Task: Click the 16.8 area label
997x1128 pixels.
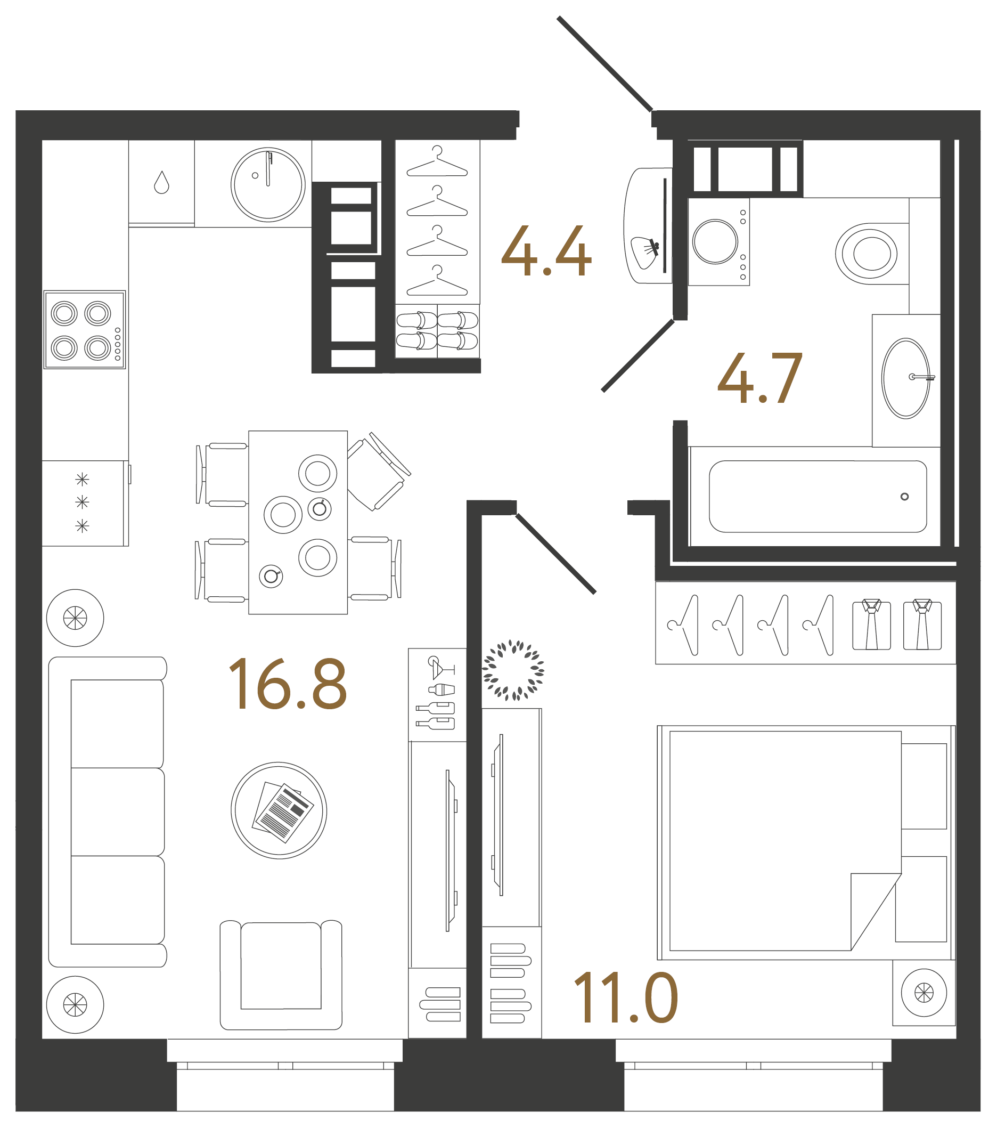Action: [288, 684]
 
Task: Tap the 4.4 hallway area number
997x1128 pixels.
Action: [546, 251]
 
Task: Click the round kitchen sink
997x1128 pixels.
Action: [268, 185]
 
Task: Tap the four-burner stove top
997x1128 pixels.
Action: [85, 329]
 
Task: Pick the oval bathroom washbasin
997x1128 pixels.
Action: [905, 378]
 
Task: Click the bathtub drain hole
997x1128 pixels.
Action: [904, 497]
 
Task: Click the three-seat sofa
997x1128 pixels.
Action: [108, 811]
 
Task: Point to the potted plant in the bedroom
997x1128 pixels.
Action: [513, 670]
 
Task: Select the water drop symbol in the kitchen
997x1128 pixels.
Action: [162, 183]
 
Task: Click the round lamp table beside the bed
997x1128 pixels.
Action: [924, 993]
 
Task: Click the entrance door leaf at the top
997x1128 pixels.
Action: [604, 63]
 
